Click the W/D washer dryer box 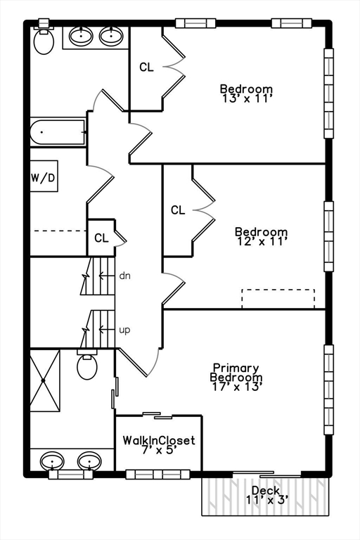44,176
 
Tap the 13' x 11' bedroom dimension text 247,98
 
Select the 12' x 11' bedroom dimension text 262,241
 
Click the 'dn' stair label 124,276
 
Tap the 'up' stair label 124,330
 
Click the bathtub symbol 58,132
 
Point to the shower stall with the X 45,380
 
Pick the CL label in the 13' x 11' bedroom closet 146,67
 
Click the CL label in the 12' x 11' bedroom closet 178,210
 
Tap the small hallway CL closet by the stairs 101,238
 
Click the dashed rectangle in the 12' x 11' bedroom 278,299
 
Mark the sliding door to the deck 267,474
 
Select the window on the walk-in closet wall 157,475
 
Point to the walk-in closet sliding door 157,416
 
